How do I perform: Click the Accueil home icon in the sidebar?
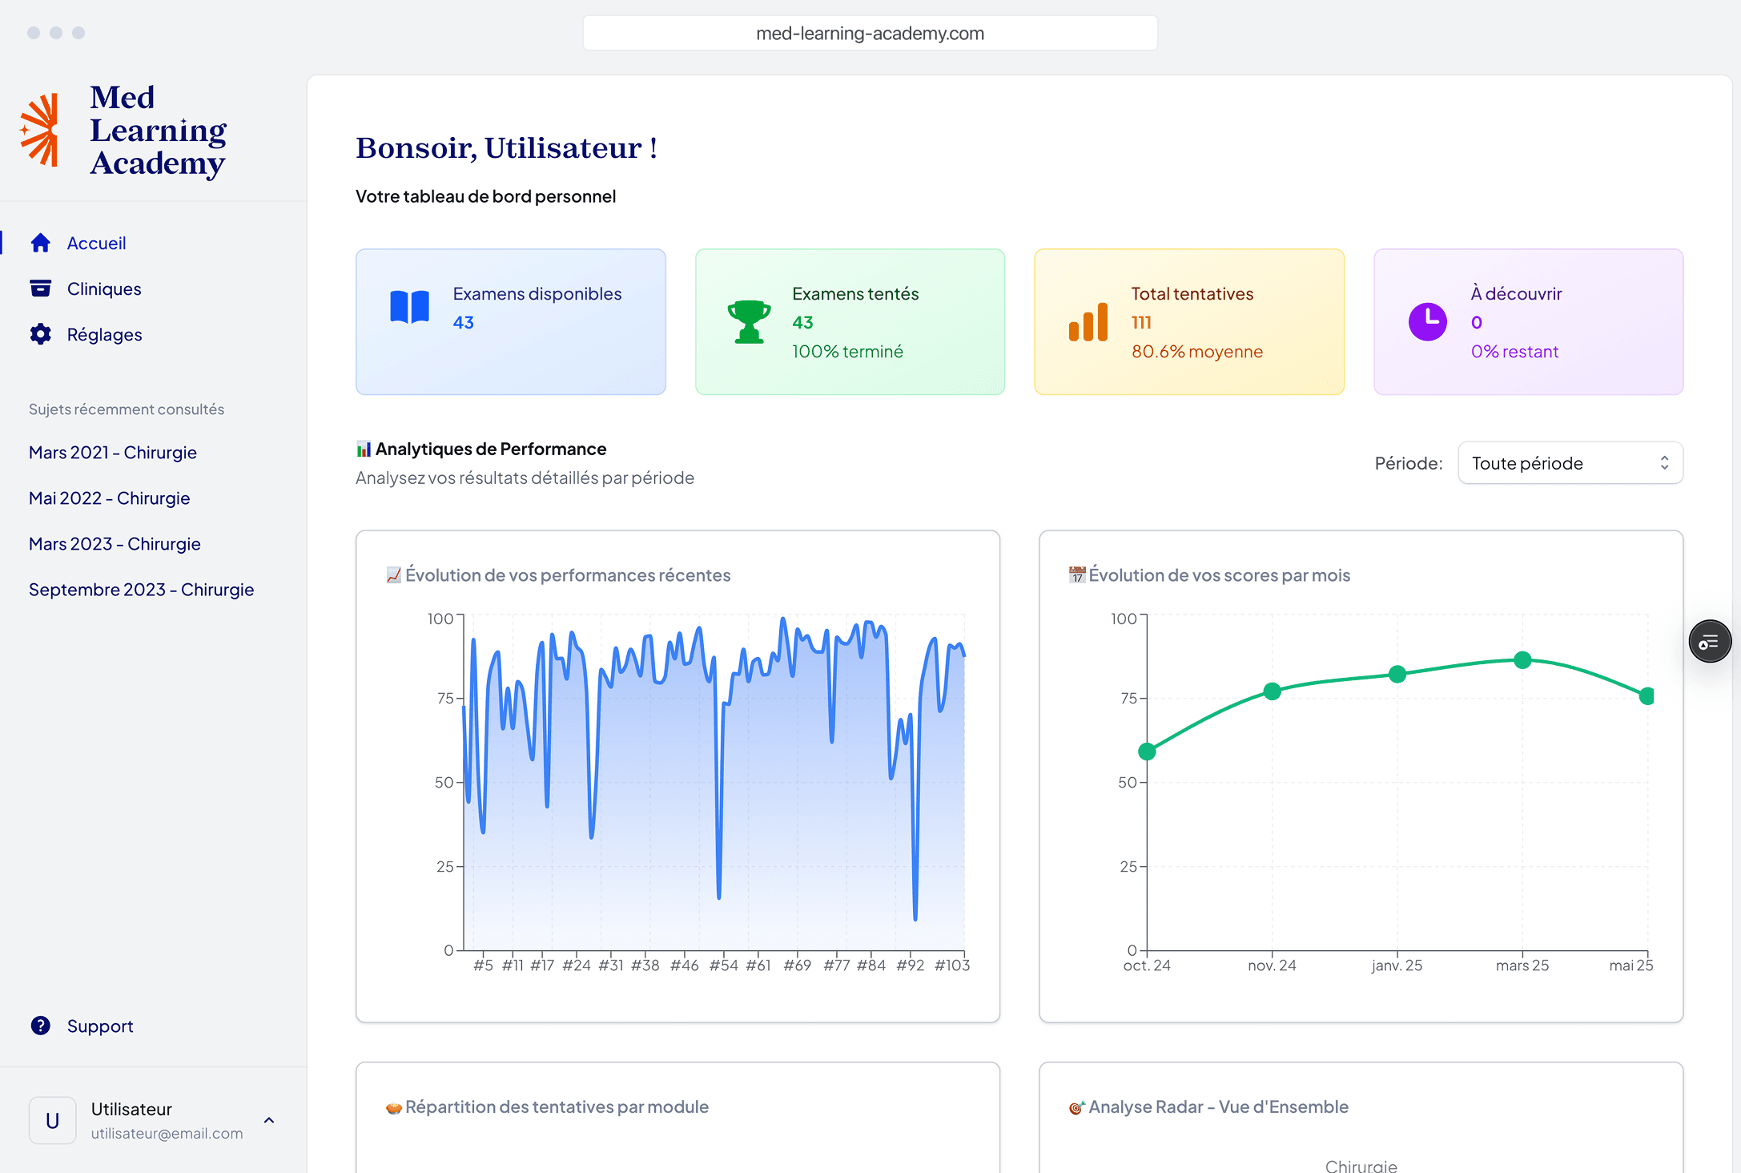coord(41,243)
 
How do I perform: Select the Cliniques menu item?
coord(103,288)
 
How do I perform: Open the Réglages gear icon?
coord(41,334)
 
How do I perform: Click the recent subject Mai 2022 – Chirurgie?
coord(109,498)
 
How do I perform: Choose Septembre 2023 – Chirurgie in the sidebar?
coord(141,590)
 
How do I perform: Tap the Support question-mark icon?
coord(41,1026)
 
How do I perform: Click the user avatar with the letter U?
coord(53,1120)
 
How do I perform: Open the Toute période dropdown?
coord(1570,463)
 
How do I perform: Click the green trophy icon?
coord(749,322)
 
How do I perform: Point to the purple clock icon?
coord(1427,322)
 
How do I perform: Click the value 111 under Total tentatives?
coord(1141,322)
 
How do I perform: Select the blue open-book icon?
coord(409,307)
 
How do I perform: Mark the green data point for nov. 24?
coord(1272,691)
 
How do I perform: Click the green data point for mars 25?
coord(1522,660)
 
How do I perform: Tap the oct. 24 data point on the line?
coord(1147,752)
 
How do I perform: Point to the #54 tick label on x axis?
coord(723,965)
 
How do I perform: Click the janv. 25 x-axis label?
coord(1397,965)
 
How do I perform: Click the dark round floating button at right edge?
coord(1710,642)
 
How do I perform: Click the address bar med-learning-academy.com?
coord(870,34)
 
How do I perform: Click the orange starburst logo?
coord(40,130)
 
